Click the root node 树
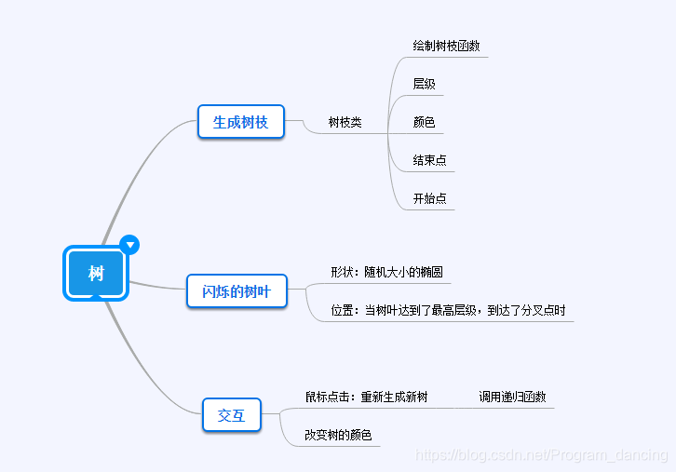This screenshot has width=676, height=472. coord(95,273)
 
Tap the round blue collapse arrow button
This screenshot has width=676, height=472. coord(130,245)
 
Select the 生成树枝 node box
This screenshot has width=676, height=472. coord(240,122)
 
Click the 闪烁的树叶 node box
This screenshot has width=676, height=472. coord(236,291)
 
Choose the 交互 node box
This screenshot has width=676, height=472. coord(231,415)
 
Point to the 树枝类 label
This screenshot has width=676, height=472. coord(345,122)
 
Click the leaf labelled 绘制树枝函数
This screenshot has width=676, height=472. coord(446,46)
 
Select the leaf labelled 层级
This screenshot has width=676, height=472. coord(424,84)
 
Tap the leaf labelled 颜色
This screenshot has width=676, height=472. coord(424,122)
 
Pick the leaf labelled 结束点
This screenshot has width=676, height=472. coord(429,160)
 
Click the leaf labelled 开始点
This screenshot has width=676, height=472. coord(429,198)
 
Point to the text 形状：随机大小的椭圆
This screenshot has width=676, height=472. coord(386,273)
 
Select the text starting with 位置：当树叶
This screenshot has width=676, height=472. coord(448,311)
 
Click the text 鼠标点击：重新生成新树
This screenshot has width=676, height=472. coord(366,397)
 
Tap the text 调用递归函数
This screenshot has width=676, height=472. coord(512,397)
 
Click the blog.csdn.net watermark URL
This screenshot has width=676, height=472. coord(541,455)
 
